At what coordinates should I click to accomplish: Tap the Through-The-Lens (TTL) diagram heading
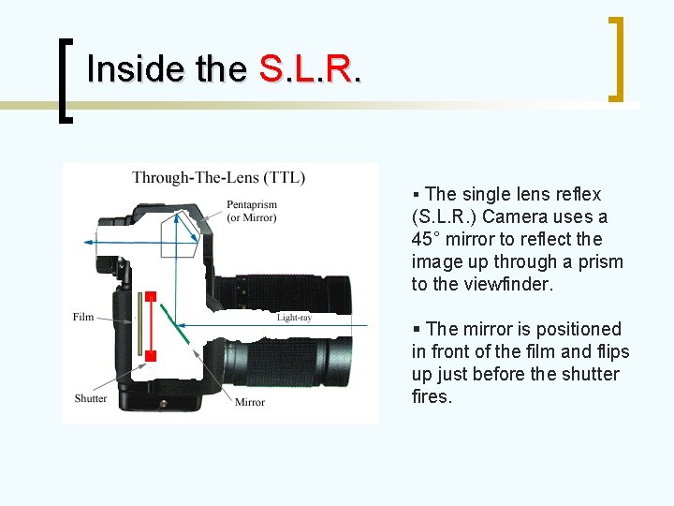(x=218, y=177)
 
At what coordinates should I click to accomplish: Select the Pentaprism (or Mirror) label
(x=251, y=211)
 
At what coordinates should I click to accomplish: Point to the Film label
(x=83, y=318)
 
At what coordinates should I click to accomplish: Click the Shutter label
(x=91, y=398)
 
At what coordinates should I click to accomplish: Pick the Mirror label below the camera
(x=250, y=402)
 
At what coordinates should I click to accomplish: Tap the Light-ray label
(x=294, y=318)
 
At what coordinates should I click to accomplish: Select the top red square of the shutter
(x=150, y=297)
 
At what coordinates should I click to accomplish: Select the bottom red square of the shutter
(x=150, y=355)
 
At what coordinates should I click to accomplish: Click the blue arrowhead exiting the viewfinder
(x=87, y=242)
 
